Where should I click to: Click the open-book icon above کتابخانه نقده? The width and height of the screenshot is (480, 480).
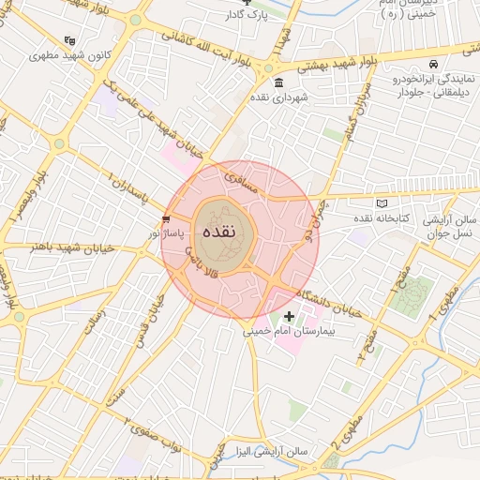[x=381, y=203]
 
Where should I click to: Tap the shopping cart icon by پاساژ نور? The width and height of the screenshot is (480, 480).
[x=167, y=217]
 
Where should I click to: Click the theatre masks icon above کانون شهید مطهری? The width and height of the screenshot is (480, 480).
[x=67, y=40]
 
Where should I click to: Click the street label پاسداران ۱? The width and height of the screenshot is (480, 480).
[x=128, y=190]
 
